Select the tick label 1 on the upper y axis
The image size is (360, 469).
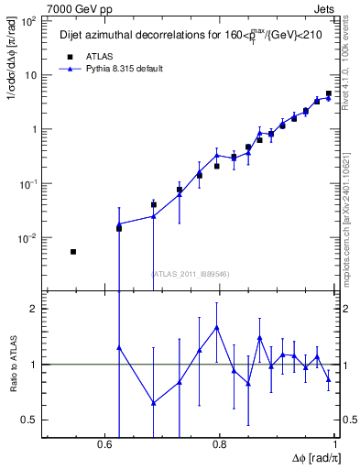pos(37,129)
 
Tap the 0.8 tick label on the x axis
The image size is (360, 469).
pos(220,445)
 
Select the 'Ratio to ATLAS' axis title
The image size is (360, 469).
pos(12,364)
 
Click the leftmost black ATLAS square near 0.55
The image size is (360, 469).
pos(73,251)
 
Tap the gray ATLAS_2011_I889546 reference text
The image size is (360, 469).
pos(191,274)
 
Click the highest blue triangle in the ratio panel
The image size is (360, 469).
pos(217,327)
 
